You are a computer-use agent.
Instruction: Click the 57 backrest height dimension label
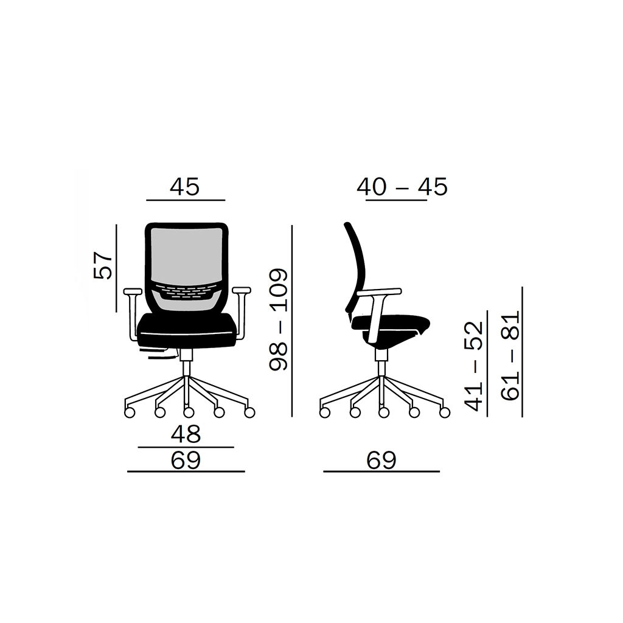pyautogui.click(x=103, y=265)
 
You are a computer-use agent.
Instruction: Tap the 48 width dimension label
pyautogui.click(x=186, y=434)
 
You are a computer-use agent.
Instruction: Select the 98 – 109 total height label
pyautogui.click(x=278, y=320)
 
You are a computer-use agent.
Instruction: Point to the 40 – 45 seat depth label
pyautogui.click(x=402, y=187)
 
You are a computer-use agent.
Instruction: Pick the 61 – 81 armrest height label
pyautogui.click(x=510, y=355)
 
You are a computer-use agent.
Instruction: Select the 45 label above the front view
pyautogui.click(x=185, y=187)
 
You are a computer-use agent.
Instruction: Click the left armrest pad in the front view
pyautogui.click(x=133, y=291)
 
